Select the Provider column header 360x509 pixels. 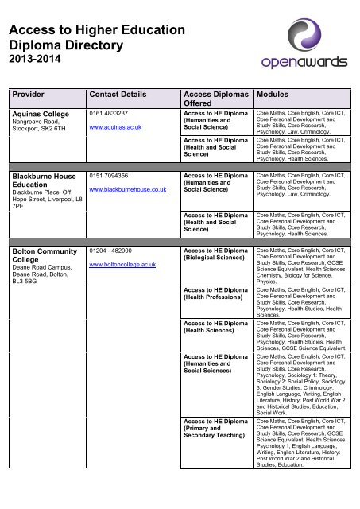coord(29,95)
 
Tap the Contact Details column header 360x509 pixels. coord(122,95)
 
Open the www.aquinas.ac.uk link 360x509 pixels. coord(115,126)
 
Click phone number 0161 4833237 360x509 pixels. coord(110,114)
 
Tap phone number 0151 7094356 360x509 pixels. coord(110,175)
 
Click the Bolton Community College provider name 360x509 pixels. coord(41,256)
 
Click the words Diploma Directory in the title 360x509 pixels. coord(68,45)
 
